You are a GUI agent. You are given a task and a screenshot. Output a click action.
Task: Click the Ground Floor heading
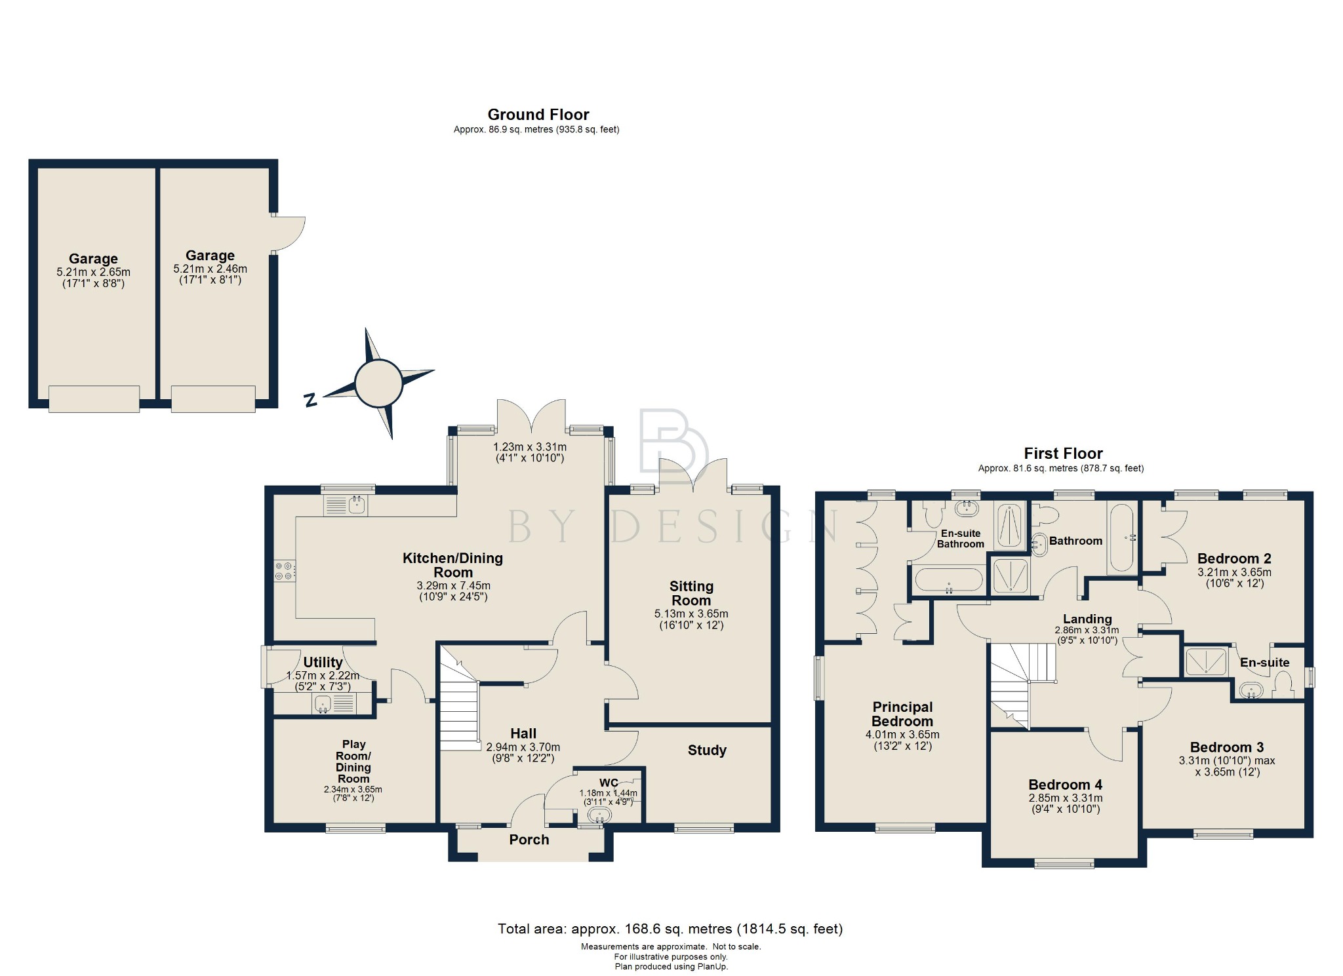[538, 115]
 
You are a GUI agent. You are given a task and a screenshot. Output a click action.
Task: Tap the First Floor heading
[1063, 454]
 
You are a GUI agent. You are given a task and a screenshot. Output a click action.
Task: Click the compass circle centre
[378, 383]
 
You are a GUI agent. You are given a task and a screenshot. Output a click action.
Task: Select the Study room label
[707, 751]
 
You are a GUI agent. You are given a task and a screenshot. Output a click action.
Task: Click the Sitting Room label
[691, 593]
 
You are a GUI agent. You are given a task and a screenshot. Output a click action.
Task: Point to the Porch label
[529, 840]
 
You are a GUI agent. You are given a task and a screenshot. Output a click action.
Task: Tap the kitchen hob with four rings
[285, 571]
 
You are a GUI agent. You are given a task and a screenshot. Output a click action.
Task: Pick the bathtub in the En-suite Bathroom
[948, 580]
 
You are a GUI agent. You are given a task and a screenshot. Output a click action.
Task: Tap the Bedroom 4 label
[1065, 785]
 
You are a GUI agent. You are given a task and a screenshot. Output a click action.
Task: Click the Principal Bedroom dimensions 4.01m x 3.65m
[902, 735]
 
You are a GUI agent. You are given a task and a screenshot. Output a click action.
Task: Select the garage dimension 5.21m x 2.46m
[210, 269]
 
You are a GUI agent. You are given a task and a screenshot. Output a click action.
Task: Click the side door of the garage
[289, 233]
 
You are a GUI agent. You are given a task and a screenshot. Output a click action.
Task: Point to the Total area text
[670, 929]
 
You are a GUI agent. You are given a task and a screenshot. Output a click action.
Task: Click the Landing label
[1087, 619]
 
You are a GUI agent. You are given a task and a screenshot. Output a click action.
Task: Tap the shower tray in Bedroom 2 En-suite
[1205, 661]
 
